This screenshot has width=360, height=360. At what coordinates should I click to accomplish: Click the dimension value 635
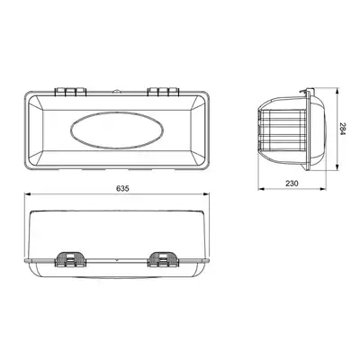(x=122, y=188)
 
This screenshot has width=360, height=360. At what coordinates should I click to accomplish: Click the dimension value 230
(x=292, y=184)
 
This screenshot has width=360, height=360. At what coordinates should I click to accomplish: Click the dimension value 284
(x=342, y=129)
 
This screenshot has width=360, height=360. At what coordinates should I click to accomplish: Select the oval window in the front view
(x=117, y=130)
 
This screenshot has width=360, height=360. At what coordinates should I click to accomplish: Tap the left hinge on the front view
(x=70, y=92)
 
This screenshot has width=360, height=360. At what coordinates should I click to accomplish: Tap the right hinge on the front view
(x=164, y=92)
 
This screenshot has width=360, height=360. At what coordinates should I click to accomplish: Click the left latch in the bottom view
(x=70, y=259)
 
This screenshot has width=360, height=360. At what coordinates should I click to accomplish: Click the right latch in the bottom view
(x=164, y=259)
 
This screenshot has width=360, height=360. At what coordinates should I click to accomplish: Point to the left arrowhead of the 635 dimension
(x=28, y=194)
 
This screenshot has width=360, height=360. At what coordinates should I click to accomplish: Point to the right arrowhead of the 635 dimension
(x=206, y=194)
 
